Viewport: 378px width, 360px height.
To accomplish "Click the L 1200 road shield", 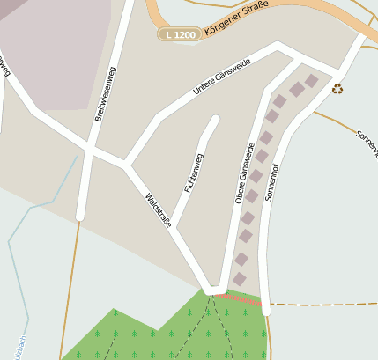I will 179,34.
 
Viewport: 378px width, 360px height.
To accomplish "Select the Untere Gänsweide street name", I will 221,77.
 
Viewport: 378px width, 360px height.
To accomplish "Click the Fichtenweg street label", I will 194,173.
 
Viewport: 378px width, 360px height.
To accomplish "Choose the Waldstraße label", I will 159,209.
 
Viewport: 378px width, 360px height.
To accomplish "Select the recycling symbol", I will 337,88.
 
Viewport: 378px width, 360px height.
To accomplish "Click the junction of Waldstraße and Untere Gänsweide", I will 127,164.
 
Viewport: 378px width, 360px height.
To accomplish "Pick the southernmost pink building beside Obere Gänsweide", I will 239,279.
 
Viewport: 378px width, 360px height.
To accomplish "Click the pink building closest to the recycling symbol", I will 311,80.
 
